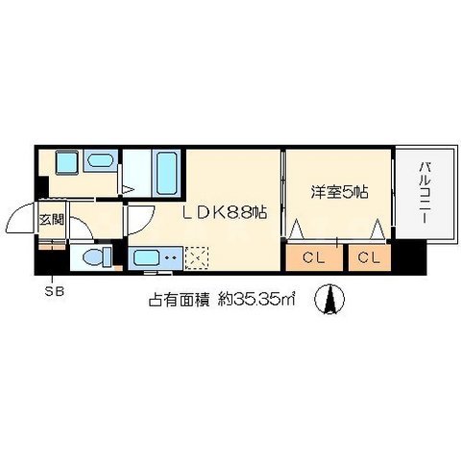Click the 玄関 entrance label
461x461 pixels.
50,219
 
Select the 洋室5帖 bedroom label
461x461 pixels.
339,191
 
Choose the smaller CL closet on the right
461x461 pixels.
370,257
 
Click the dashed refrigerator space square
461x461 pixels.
197,257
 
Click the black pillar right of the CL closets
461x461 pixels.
410,256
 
